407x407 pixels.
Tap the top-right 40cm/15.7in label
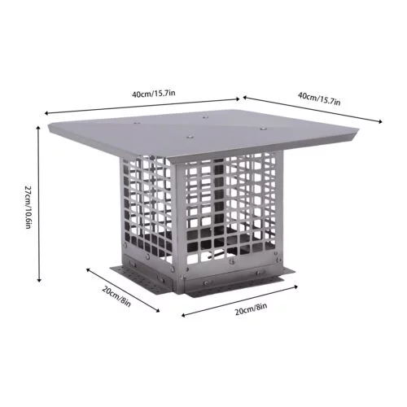[x=319, y=100]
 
